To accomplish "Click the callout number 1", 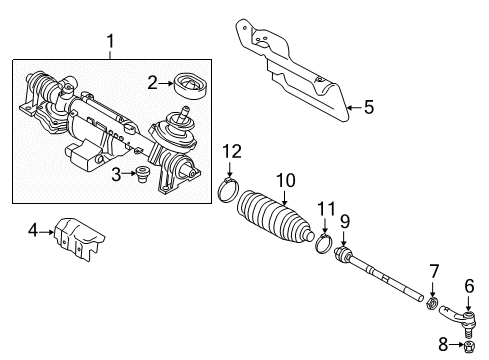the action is tap(110, 42).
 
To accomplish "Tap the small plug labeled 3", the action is tap(144, 175).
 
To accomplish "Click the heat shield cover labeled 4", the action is tap(79, 239).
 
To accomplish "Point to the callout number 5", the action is tap(369, 107).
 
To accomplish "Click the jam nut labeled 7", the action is tap(432, 304).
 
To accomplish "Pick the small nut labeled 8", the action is tap(469, 347).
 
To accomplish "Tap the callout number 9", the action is tap(345, 222).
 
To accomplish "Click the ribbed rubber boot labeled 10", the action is tap(275, 216).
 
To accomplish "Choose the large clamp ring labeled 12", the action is tap(229, 190).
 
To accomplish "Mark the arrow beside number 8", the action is tap(456, 344).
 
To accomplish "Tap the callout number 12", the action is tap(232, 152).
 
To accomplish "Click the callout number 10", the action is tap(286, 180).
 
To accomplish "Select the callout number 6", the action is tap(469, 287).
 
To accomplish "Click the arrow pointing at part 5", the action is tap(354, 107).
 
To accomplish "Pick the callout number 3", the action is tap(116, 175).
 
